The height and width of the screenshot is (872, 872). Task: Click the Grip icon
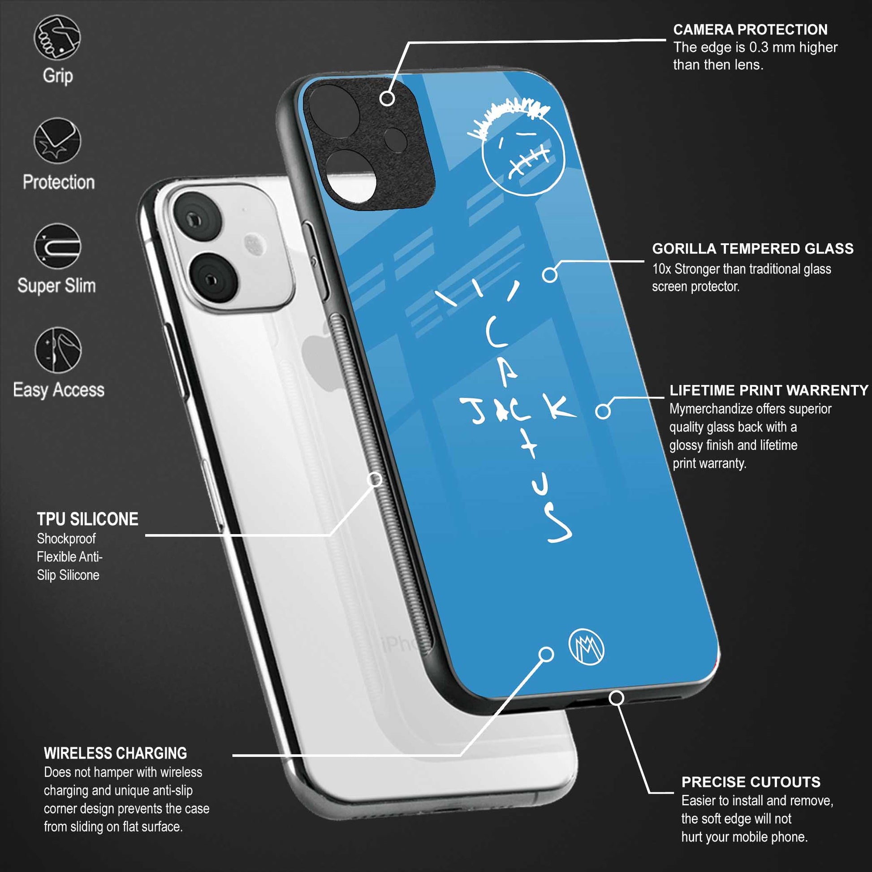coord(57,38)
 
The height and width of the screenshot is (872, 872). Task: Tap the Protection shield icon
coord(57,141)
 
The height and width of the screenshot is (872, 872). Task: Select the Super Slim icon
coord(57,246)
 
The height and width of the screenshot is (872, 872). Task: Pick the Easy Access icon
coord(58,350)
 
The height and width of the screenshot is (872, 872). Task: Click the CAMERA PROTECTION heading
coord(750,30)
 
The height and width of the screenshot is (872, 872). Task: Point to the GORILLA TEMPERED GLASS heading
coord(752,249)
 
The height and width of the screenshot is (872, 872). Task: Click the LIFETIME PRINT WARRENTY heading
coord(768,390)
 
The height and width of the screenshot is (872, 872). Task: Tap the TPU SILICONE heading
coord(87,519)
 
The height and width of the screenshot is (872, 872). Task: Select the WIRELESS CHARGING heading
coord(116,753)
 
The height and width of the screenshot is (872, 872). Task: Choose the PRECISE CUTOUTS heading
coord(751,782)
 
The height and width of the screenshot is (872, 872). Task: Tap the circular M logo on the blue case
coord(586,647)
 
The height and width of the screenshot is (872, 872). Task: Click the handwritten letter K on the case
coord(560,406)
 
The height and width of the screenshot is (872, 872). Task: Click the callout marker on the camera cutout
coord(387,98)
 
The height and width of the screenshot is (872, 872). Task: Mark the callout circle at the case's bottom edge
coord(617,698)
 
